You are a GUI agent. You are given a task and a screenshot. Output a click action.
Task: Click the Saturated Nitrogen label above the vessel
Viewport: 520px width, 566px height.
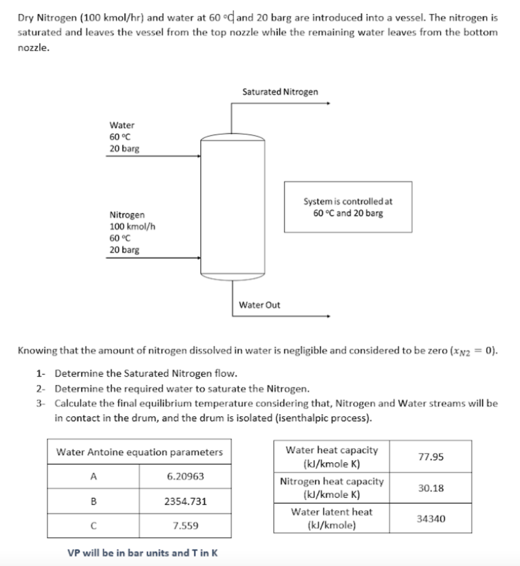point(280,92)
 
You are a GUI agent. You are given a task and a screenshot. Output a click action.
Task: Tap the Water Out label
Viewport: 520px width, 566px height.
point(259,305)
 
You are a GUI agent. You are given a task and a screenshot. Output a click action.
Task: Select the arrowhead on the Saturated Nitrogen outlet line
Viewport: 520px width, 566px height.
point(329,103)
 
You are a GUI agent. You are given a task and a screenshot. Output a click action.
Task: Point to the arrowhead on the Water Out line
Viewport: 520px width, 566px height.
point(329,317)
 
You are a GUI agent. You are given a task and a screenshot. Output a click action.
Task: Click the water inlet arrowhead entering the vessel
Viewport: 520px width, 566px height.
point(199,156)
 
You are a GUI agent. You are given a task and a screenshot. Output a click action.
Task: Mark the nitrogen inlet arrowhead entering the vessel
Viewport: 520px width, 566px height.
point(199,258)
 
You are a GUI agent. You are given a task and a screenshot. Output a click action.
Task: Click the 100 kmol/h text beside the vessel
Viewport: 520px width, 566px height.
point(128,226)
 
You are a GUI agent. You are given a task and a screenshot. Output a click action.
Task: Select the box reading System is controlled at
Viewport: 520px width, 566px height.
point(348,207)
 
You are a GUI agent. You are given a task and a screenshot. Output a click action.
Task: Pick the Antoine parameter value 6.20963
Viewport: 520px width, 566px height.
point(185,476)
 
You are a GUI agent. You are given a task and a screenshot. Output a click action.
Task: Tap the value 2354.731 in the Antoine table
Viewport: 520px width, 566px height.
point(185,501)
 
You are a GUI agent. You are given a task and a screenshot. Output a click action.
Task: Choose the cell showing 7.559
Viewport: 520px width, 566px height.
point(185,526)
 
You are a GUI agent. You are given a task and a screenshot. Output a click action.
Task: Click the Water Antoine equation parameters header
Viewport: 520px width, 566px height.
point(139,452)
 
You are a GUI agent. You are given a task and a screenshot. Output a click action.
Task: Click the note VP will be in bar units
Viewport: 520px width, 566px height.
point(142,552)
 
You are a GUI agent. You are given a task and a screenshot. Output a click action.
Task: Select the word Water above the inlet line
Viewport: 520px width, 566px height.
point(122,125)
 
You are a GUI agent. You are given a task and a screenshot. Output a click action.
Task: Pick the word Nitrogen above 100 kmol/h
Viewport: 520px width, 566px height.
point(127,214)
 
